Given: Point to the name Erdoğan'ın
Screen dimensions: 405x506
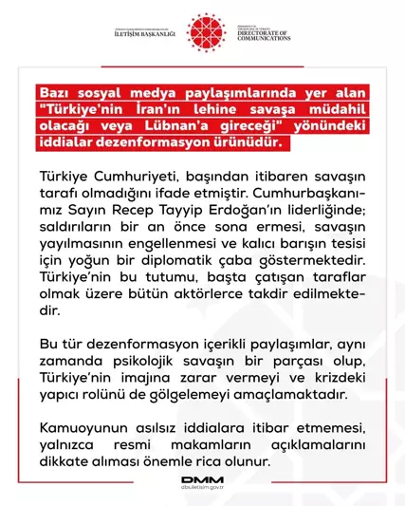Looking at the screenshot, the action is coord(274,212).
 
